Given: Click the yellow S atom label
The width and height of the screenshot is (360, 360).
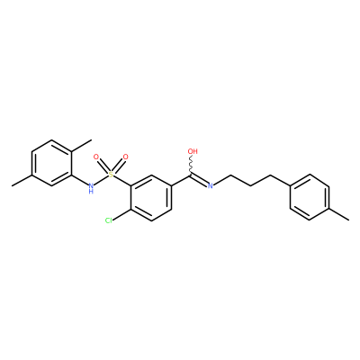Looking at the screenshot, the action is (111, 175).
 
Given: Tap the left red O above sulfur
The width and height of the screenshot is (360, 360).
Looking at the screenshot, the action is (96, 157).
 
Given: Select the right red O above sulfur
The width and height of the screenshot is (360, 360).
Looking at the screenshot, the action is (126, 157).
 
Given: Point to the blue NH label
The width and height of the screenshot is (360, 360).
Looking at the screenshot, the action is (91, 188).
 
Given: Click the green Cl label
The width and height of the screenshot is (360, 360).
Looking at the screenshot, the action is (109, 220).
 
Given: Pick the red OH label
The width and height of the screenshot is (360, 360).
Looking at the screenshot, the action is (193, 151).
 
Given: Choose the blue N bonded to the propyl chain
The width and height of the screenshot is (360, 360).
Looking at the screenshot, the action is (211, 186).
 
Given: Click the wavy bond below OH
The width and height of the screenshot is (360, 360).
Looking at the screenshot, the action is (191, 165).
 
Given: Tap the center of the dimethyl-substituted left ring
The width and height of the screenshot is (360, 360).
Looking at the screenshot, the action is (52, 163).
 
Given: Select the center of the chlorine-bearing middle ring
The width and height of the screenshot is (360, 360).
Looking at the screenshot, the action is (151, 198).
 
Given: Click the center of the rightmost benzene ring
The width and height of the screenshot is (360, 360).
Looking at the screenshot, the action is (310, 197).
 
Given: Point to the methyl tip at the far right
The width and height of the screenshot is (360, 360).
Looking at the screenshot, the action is (349, 220).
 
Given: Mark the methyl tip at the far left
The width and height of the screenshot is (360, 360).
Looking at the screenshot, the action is (13, 186).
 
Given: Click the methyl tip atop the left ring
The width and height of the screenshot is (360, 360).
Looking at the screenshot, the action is (91, 139).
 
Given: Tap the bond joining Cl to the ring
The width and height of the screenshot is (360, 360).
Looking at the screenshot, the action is (121, 215).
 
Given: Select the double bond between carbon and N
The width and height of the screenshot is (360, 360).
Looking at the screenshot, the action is (199, 180).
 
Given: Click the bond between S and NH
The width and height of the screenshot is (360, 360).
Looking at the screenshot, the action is (101, 180).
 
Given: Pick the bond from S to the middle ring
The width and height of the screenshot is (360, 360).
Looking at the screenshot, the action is (122, 181).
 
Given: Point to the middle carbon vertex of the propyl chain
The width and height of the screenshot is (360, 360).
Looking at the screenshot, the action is (250, 186).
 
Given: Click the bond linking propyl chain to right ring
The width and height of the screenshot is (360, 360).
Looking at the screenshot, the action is (280, 180).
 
